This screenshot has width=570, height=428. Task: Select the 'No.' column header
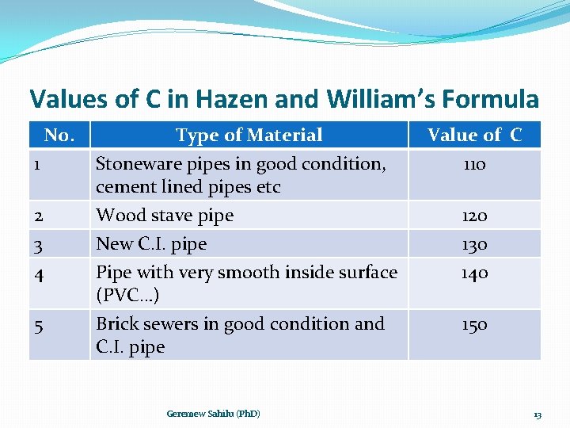(x=59, y=136)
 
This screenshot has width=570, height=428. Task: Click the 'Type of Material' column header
(x=249, y=136)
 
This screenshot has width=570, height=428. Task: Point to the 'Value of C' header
(x=474, y=136)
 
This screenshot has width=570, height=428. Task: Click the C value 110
(x=474, y=165)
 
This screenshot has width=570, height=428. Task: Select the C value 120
(x=474, y=216)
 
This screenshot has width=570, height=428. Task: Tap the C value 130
(x=474, y=244)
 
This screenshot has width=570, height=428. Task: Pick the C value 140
(x=474, y=273)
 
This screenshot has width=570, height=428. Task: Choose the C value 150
(x=474, y=324)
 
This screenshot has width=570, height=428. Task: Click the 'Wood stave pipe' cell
(x=165, y=216)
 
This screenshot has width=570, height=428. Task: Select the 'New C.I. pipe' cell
(x=151, y=244)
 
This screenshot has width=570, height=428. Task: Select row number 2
(x=38, y=216)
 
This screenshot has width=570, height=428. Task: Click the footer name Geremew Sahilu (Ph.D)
(x=213, y=414)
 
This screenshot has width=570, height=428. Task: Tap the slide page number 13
(x=537, y=415)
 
